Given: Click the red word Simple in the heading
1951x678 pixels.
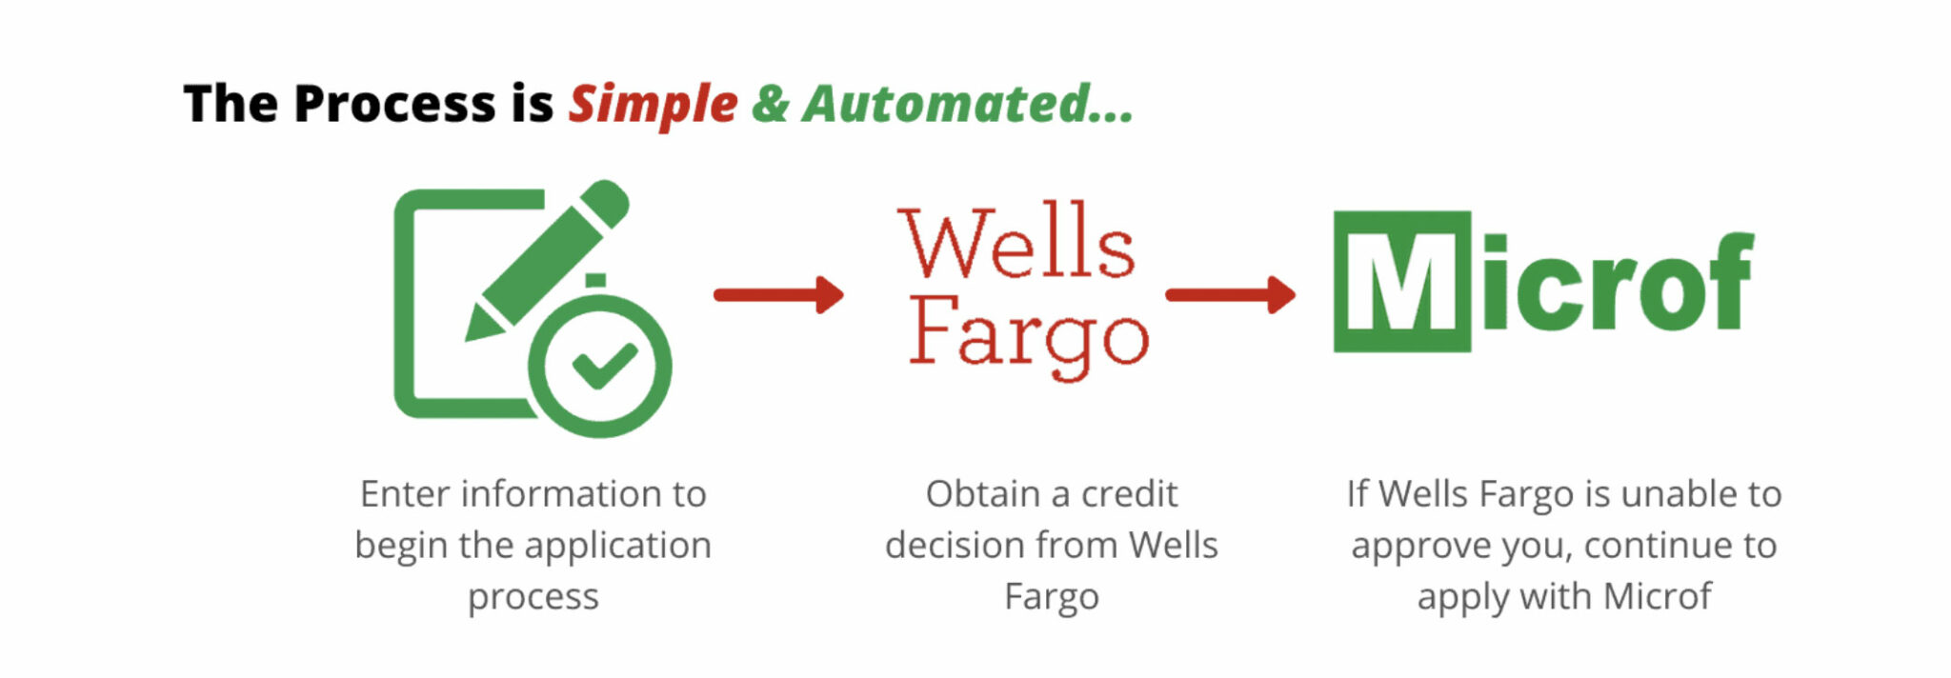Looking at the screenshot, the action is pyautogui.click(x=653, y=105).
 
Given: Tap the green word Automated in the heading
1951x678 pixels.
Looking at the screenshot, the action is pyautogui.click(x=947, y=103).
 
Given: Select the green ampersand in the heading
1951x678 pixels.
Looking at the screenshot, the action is pyautogui.click(x=770, y=103).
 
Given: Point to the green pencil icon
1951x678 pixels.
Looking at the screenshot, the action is pyautogui.click(x=547, y=259).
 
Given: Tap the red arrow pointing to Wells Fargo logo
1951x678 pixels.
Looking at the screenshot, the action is pyautogui.click(x=778, y=294).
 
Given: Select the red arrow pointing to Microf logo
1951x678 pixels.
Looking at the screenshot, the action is pyautogui.click(x=1230, y=294).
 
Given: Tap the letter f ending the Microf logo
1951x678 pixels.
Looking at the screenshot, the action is pyautogui.click(x=1727, y=282).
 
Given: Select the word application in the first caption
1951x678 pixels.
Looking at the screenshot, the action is pyautogui.click(x=617, y=547).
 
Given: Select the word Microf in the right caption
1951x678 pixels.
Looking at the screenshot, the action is pyautogui.click(x=1657, y=597).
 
